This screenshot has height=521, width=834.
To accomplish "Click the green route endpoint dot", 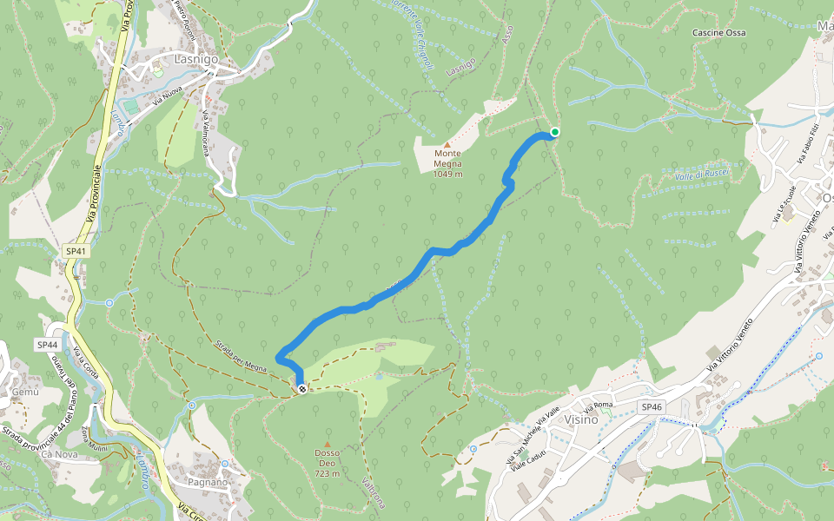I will [554, 132].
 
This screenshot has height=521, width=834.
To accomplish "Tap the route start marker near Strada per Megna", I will [301, 388].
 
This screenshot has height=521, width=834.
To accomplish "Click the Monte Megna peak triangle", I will [447, 145].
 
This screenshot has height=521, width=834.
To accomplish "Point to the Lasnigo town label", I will [195, 60].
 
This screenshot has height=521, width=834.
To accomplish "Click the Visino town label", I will [581, 420].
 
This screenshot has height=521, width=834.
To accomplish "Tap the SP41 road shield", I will [76, 251].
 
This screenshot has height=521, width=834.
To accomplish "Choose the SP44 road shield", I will [47, 345].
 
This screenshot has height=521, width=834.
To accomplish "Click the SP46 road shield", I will [652, 406].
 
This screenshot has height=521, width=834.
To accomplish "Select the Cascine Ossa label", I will [718, 33].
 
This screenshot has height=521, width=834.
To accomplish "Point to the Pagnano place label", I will [207, 482].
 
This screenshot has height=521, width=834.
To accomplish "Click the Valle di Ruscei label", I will [700, 175].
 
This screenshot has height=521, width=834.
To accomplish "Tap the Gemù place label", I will [26, 392].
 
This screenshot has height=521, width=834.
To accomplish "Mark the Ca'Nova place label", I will [59, 455].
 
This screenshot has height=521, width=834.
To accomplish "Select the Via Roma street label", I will [599, 406].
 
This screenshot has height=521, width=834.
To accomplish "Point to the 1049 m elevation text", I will [447, 174].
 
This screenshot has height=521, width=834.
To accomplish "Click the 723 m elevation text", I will [328, 474].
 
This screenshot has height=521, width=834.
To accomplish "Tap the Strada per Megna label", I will [242, 356].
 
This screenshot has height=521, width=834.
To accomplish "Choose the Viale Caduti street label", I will [529, 457].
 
